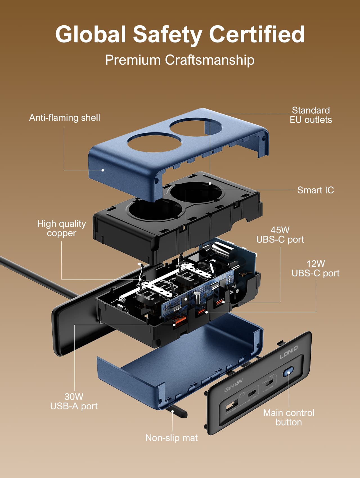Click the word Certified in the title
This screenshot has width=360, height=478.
tap(256, 34)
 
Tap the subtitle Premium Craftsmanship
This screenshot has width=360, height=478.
tap(180, 60)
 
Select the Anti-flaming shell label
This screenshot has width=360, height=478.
tap(64, 118)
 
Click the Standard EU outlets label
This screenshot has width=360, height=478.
tap(310, 115)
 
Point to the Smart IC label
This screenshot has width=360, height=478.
tap(315, 190)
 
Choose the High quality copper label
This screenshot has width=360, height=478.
tap(61, 228)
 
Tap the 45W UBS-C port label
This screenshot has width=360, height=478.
tap(280, 235)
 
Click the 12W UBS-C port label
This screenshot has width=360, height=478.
tap(315, 269)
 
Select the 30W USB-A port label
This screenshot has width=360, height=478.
tap(74, 401)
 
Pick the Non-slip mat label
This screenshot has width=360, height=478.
tap(171, 438)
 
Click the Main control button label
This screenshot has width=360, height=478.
tap(289, 418)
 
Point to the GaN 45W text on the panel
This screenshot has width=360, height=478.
tap(233, 385)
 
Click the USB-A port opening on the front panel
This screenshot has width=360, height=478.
tap(231, 406)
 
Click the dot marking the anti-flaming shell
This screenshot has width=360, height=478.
tap(103, 170)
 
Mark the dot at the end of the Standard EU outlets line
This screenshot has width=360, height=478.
tap(210, 183)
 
